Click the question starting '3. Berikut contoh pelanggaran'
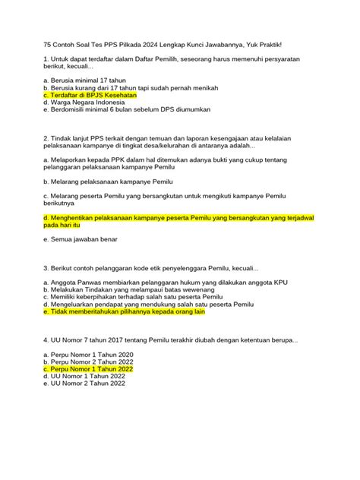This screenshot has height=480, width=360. [151, 268]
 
